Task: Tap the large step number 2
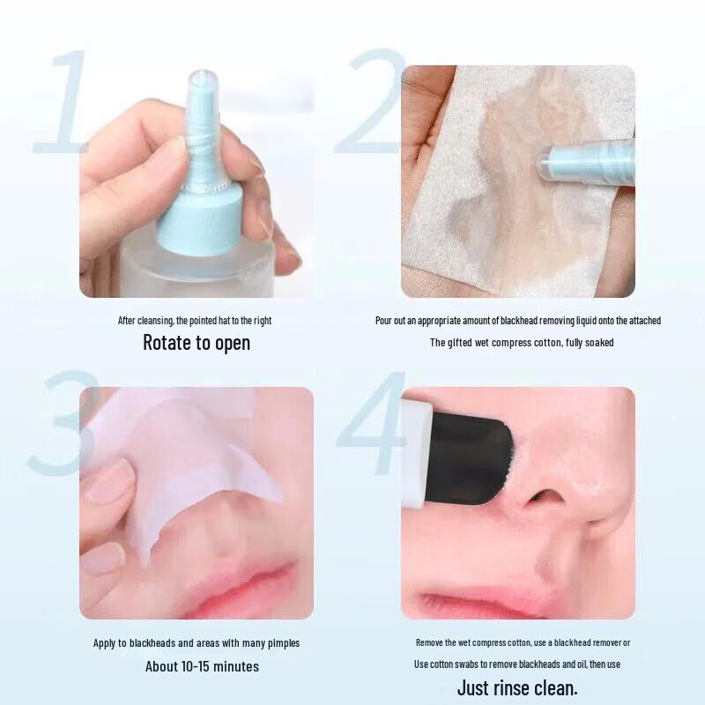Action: (x=375, y=101)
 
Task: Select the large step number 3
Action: (x=62, y=423)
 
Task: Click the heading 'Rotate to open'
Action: (x=197, y=343)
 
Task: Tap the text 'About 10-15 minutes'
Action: (x=202, y=666)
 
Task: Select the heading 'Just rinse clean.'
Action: (x=517, y=687)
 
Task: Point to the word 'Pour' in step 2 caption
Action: (x=384, y=321)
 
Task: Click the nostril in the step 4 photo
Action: (x=545, y=498)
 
